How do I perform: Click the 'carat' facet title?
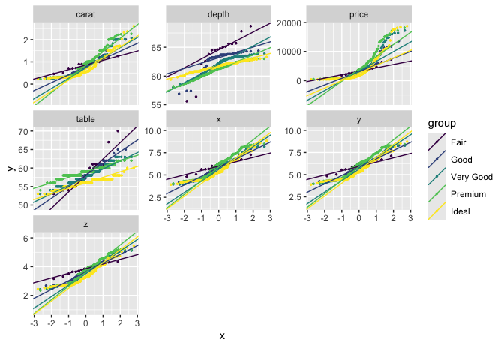(85, 13)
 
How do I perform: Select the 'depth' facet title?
(218, 13)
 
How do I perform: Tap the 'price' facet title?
(358, 13)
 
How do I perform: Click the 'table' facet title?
(85, 119)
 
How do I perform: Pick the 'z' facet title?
(85, 224)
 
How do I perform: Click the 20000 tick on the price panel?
(289, 22)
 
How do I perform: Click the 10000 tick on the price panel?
(289, 52)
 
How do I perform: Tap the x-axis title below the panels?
(222, 336)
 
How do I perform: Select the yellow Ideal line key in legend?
(436, 211)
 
